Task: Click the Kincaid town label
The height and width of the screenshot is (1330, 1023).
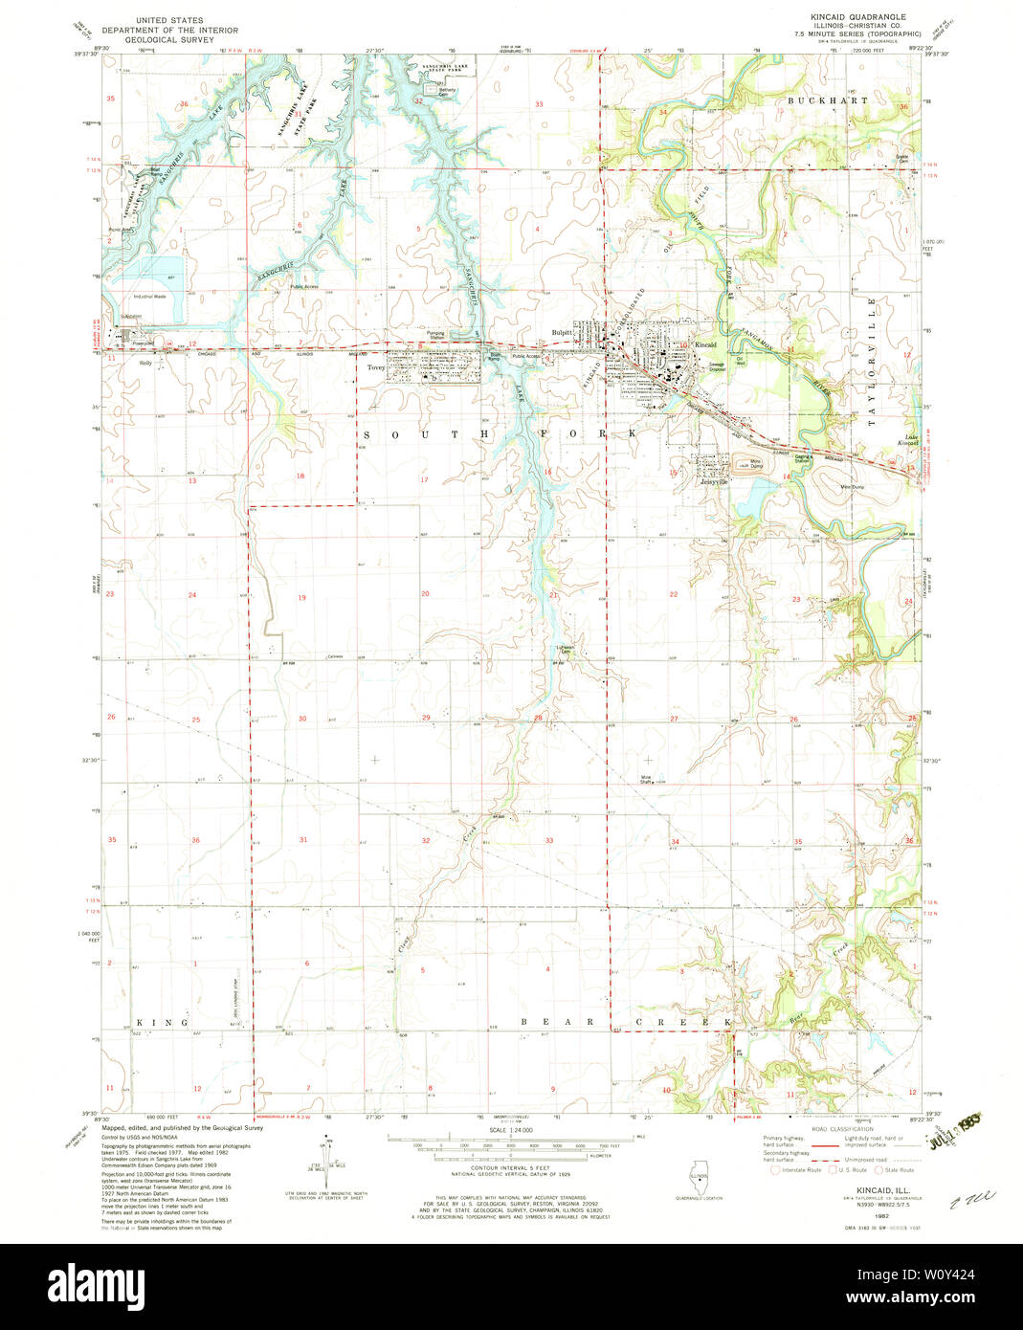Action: click(705, 344)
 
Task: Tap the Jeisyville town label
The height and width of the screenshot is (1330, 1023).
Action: click(714, 482)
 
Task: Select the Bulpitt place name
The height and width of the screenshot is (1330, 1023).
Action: click(562, 333)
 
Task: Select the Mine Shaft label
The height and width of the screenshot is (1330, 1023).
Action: click(647, 779)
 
